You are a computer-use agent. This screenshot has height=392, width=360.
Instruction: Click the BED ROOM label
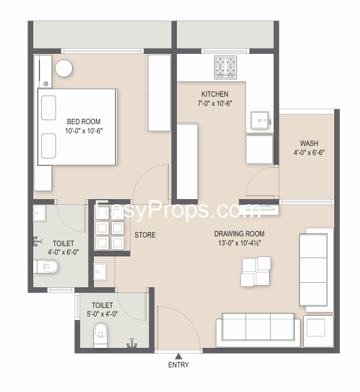84,121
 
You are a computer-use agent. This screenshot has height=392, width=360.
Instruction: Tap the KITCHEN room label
215,94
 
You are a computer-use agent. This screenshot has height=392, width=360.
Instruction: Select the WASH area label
309,143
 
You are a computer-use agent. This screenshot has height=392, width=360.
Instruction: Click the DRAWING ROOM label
239,233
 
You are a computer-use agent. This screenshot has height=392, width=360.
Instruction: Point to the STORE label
145,235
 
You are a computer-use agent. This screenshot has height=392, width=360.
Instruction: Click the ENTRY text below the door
178,365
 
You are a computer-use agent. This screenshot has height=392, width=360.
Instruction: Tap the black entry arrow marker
178,356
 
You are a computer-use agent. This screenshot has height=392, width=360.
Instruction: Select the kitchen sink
260,121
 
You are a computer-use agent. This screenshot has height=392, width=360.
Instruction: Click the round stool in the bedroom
64,68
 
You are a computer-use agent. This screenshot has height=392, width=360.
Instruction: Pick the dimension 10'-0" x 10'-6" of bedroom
84,131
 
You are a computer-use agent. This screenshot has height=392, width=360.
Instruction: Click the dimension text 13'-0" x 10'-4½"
239,243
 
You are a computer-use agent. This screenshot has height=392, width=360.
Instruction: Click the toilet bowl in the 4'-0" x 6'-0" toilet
46,266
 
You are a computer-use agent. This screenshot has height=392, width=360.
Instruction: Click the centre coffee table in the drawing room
256,271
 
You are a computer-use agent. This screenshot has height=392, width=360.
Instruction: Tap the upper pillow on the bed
48,108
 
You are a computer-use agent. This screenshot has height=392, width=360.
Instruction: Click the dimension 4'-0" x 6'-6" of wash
309,153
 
